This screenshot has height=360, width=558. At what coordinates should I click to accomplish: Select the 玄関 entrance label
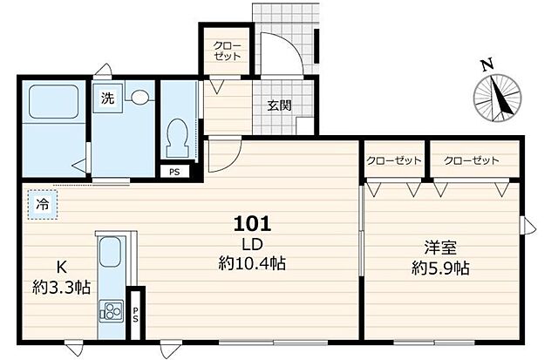click(279, 106)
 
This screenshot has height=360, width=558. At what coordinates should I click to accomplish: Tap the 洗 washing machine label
click(106, 98)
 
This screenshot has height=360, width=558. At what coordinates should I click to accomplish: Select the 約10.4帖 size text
click(254, 262)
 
